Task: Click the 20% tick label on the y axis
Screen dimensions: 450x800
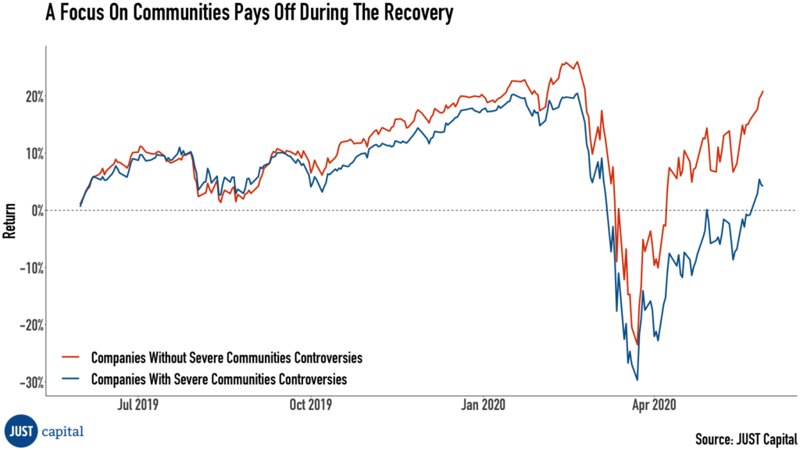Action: [x=30, y=96]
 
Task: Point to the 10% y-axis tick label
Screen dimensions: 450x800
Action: [x=30, y=153]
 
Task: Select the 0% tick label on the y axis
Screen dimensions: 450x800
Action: [x=34, y=210]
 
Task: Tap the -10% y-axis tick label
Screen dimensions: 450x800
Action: [x=28, y=267]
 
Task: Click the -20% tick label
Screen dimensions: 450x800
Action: [x=28, y=324]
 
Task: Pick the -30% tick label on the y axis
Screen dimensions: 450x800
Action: [x=28, y=382]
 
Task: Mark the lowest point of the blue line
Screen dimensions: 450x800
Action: [x=637, y=380]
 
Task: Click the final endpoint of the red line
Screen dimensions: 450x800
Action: [x=762, y=91]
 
